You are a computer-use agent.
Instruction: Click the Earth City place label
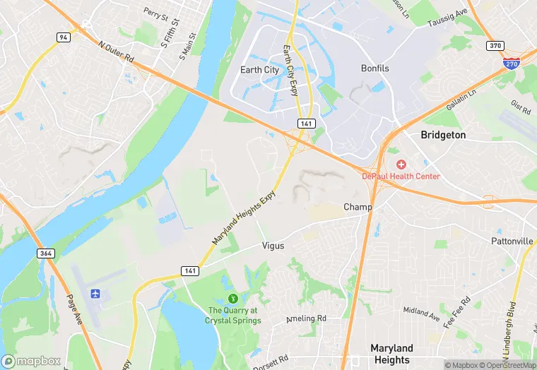259,70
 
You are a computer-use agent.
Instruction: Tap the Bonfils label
374,68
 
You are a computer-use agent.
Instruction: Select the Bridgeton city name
443,134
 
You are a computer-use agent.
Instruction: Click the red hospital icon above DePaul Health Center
401,164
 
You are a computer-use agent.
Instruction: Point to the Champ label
358,207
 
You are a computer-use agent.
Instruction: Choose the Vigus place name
273,246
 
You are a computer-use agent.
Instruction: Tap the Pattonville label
512,241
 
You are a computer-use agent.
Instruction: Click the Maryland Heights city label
391,354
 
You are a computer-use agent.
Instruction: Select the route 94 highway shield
64,37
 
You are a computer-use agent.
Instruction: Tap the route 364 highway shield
47,253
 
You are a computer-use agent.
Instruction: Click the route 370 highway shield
496,45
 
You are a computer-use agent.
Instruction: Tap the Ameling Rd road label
307,319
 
